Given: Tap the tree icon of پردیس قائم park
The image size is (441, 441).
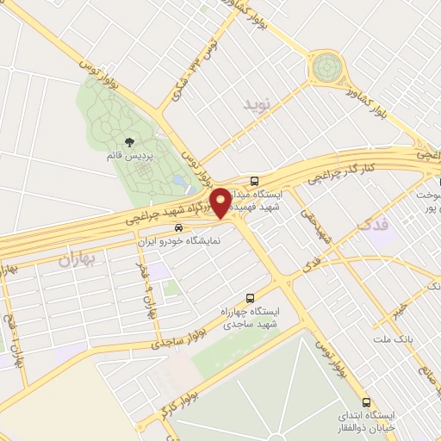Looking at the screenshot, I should click(x=129, y=142).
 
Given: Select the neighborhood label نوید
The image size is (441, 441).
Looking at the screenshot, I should click(x=256, y=105).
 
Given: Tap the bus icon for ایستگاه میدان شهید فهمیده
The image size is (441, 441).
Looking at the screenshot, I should click(x=255, y=182).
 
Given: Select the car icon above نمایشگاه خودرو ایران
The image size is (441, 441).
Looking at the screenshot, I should click(x=177, y=228).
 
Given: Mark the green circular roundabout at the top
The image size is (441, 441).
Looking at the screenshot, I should click(x=327, y=65).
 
